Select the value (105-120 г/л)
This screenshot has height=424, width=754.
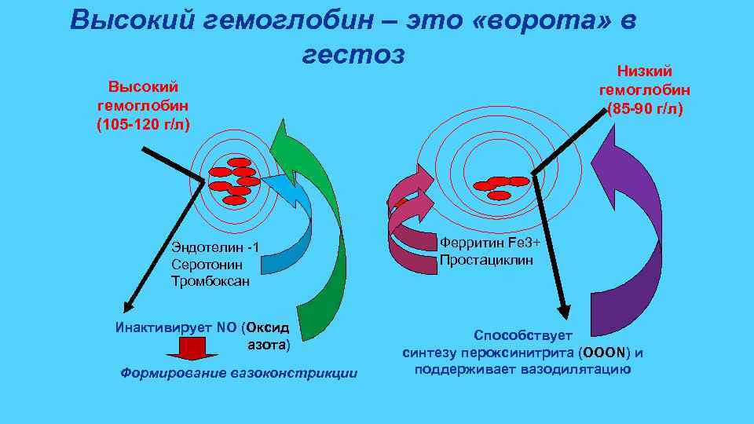[143, 124]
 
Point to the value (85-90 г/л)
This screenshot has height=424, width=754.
[645, 108]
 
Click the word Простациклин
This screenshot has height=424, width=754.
[486, 260]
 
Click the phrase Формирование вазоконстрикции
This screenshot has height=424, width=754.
[238, 373]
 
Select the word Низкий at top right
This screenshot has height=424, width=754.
[645, 71]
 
